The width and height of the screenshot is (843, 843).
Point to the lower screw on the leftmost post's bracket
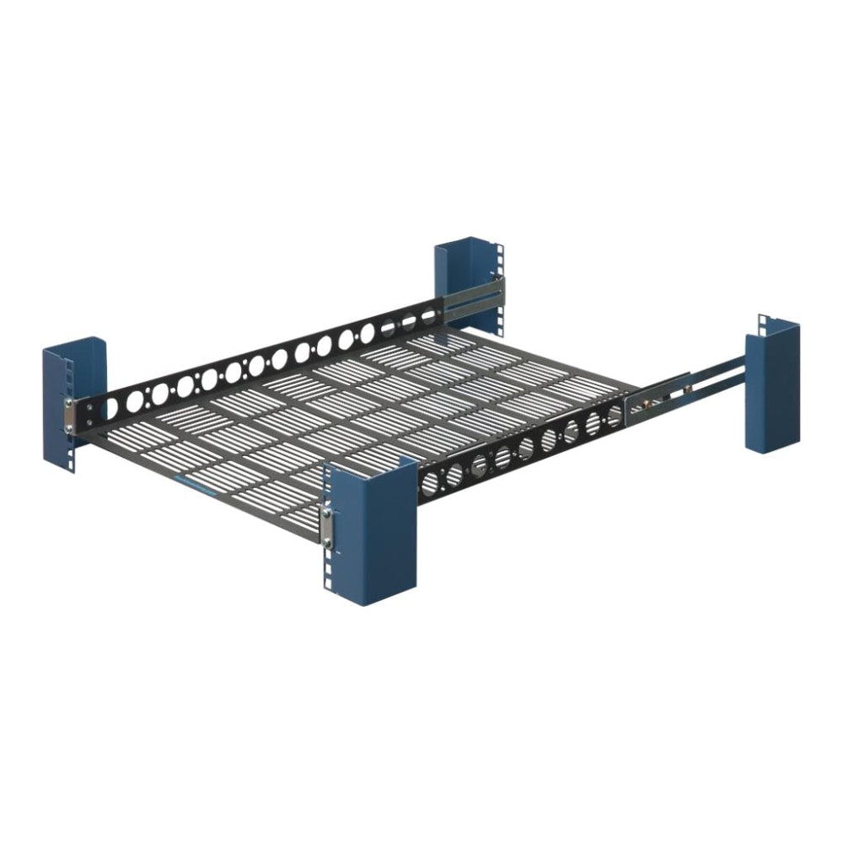click(67, 432)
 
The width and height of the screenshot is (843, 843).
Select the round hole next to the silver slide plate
click(615, 413)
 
